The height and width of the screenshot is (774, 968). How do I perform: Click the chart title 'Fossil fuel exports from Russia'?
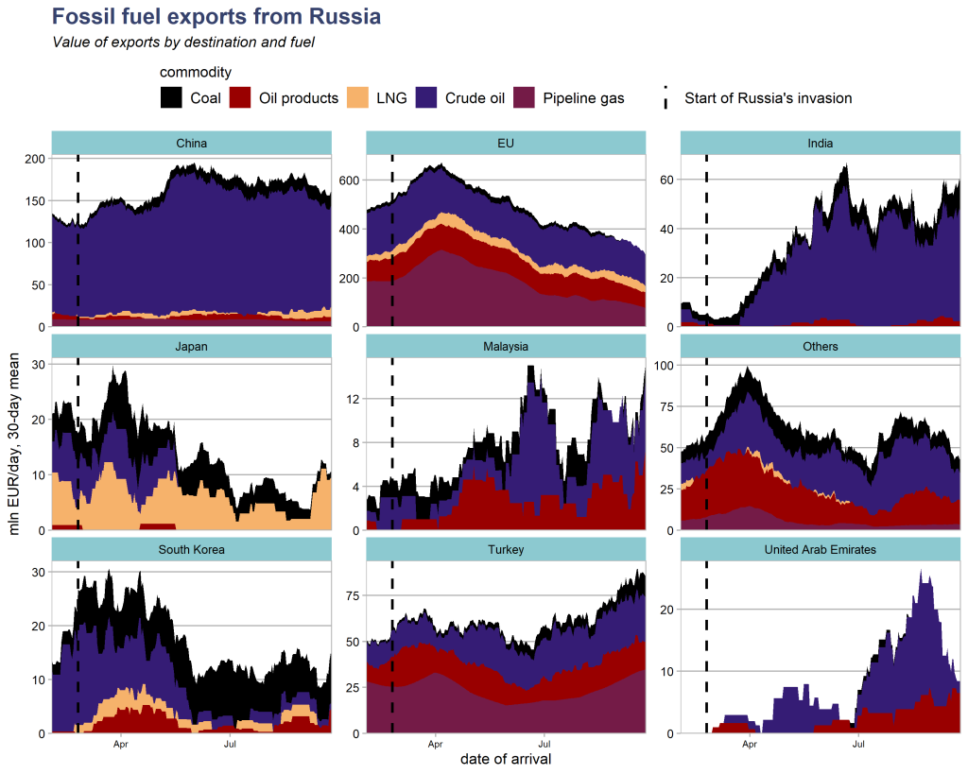[216, 17]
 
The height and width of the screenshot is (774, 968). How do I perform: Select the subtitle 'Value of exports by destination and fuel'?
[182, 43]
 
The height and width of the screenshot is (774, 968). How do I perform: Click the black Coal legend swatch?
[171, 97]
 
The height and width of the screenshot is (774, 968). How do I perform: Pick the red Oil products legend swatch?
[240, 97]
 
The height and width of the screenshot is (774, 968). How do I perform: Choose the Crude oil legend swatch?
[426, 97]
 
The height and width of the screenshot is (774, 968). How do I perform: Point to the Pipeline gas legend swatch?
[524, 97]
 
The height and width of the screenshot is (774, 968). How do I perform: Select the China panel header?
[192, 144]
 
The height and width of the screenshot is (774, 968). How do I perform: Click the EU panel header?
[506, 144]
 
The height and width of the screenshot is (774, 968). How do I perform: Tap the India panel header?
[821, 144]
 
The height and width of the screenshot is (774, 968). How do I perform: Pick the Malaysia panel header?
[506, 347]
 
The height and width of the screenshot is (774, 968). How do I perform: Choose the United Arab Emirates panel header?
[821, 549]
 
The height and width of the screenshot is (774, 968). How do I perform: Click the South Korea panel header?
[192, 549]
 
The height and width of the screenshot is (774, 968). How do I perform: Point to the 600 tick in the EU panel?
[348, 180]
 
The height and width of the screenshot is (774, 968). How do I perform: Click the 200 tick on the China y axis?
[33, 159]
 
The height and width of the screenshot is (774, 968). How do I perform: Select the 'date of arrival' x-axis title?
[506, 758]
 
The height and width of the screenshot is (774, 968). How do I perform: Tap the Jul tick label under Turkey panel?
[543, 744]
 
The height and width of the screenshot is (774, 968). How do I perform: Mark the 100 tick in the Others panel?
[663, 365]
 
